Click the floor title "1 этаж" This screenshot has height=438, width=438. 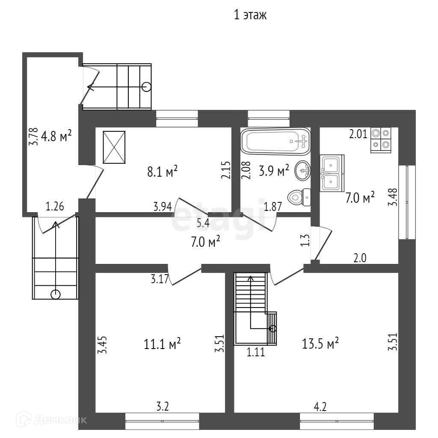tap(250, 16)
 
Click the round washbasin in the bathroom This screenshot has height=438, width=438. tap(303, 171)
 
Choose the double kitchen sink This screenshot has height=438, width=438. tap(332, 172)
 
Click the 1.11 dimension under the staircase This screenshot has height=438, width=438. tap(255, 353)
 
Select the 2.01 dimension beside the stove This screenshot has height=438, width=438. tap(358, 134)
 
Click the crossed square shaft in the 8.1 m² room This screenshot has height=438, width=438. tap(114, 147)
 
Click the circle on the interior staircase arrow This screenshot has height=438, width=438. tap(273, 328)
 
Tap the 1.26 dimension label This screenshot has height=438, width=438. tap(55, 207)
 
